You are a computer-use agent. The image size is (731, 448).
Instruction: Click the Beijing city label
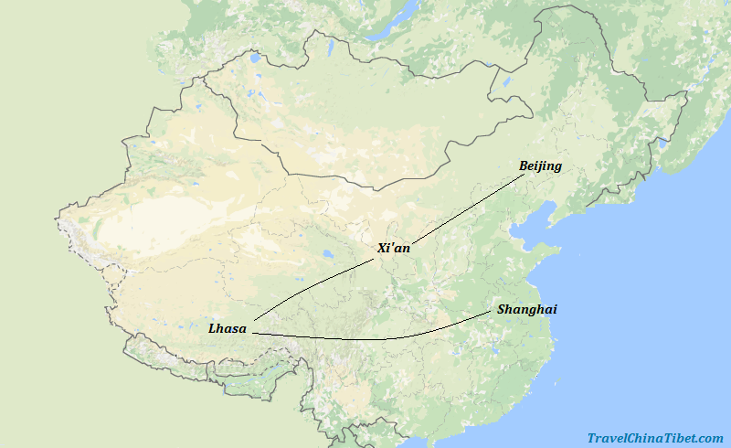click(x=540, y=166)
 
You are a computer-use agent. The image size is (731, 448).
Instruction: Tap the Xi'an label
click(x=394, y=248)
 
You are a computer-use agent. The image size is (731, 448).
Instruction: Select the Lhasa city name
click(x=227, y=328)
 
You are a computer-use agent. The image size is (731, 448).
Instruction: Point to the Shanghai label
click(x=527, y=310)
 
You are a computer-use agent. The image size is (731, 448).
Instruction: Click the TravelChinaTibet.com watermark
click(x=654, y=439)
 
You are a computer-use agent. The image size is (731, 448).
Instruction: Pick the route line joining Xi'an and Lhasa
click(x=311, y=288)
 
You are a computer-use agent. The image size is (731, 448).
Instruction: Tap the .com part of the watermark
click(x=708, y=439)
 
